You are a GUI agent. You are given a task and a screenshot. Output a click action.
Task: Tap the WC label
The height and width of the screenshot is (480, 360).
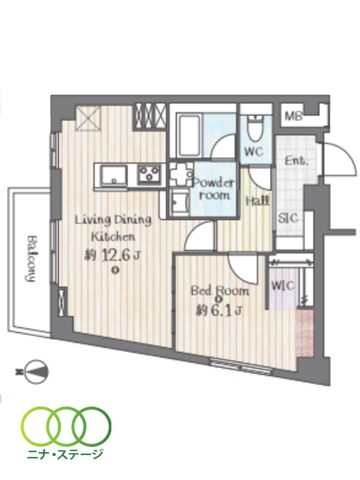tap(254, 151)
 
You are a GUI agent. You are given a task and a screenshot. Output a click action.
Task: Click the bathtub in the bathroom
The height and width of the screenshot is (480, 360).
tap(188, 135)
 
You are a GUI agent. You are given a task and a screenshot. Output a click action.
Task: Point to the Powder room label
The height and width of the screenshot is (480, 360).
tap(215, 189)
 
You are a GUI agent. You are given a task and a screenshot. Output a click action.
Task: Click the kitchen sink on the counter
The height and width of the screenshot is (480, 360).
tap(114, 174)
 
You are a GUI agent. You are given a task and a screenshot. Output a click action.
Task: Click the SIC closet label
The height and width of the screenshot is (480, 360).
tap(288, 217)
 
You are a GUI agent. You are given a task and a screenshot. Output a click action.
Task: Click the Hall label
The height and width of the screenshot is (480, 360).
tap(257, 201)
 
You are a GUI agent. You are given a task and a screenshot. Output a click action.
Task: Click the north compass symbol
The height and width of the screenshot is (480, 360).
tap(35, 371)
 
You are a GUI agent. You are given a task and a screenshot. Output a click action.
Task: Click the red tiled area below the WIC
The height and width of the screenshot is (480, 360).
tap(304, 334)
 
